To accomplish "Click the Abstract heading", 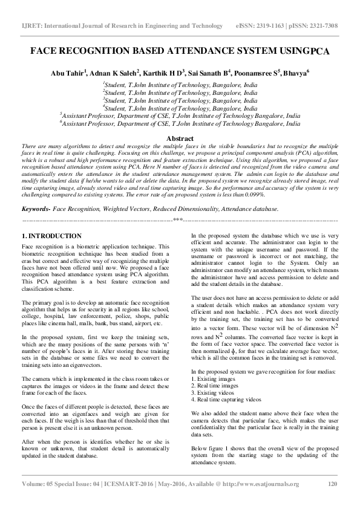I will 180,138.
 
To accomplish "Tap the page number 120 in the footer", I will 332,484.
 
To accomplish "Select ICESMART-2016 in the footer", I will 126,484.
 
